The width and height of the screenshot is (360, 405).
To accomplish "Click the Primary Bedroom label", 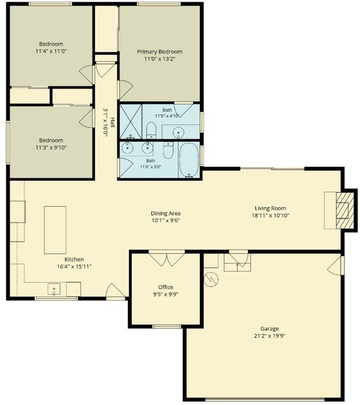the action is tap(160, 52).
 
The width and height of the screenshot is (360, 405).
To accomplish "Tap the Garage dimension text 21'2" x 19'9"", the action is tap(269, 336).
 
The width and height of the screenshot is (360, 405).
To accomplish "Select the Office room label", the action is tap(166, 287).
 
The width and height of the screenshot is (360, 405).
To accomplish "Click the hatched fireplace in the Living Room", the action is tap(345, 210).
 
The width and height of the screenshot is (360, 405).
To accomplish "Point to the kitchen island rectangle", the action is tap(55, 230).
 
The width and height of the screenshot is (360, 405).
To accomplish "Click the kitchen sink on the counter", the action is tap(54, 289).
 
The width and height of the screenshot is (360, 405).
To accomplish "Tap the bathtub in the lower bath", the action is tap(189, 160).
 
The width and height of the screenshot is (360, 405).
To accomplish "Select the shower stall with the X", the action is tap(131, 121).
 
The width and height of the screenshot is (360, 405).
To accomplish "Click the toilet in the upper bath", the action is tap(151, 130).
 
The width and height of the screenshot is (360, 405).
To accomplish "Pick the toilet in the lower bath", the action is tap(169, 151).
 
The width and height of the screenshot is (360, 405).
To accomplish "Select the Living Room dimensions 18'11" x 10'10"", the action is tap(271, 215).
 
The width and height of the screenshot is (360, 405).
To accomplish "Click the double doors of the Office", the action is tap(167, 258).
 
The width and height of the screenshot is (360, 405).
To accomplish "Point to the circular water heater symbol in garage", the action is tap(211, 280).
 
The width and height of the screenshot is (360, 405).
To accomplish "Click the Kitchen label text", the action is tap(74, 259).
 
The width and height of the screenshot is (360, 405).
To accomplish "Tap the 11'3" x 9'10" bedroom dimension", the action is tap(51, 148).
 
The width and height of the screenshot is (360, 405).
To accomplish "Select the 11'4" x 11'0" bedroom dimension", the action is tap(51, 51).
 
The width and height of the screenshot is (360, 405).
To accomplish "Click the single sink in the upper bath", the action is tap(178, 132).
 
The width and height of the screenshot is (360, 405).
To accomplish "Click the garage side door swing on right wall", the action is tap(335, 266).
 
